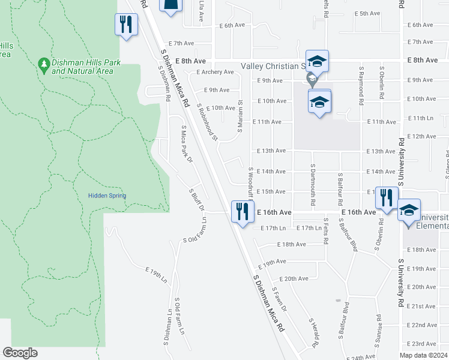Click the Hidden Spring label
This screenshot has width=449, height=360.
[x=107, y=196]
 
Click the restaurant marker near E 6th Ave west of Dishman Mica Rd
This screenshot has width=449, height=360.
[x=126, y=25]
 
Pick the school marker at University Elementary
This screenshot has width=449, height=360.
[x=409, y=212]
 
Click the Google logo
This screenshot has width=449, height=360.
[x=20, y=353]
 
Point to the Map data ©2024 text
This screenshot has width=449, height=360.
[x=423, y=355]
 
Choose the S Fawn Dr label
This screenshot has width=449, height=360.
[x=280, y=298]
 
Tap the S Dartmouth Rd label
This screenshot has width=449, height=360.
[x=313, y=179]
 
